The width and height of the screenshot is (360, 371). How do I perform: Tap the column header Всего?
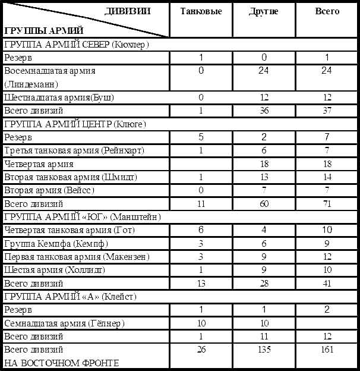327,11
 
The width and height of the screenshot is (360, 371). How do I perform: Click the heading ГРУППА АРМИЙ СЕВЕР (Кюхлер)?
76,45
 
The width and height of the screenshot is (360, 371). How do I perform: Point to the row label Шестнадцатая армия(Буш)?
59,97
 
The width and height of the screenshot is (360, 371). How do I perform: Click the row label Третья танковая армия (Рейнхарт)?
74,150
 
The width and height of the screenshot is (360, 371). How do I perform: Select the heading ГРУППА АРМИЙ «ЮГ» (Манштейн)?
83,216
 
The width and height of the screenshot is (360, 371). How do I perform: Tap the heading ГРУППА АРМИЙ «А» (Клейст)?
70,296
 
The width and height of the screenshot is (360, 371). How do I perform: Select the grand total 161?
327,349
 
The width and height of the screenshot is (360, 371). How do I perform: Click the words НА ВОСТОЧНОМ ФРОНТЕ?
62,363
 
